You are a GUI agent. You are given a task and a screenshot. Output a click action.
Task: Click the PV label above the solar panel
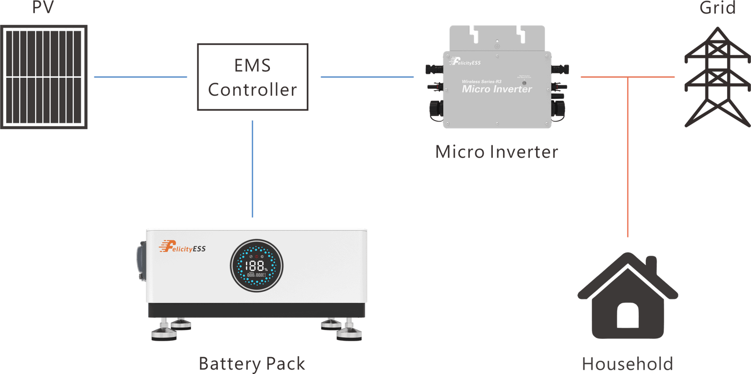pos(43,7)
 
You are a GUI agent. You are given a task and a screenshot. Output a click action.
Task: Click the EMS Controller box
pos(253,77)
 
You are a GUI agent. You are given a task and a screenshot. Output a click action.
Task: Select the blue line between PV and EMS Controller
pos(140,76)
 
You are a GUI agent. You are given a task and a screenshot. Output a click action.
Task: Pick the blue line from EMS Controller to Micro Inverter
pos(367,76)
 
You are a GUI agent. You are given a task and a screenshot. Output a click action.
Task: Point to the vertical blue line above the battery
pos(253,169)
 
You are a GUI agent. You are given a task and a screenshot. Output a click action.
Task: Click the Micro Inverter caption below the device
pos(496,152)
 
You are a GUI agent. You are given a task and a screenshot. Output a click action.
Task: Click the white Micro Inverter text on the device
pos(497,89)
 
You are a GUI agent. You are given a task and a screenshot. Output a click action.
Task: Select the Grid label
pos(717,7)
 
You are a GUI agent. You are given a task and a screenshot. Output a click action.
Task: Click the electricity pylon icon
pos(717,77)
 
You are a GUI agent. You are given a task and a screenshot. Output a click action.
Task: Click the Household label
pos(627,364)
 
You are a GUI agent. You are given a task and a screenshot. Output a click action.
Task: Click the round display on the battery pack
pos(256,266)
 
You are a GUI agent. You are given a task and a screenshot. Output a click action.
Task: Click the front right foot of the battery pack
pos(350,333)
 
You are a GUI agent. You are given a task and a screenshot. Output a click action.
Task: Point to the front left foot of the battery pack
pos(163,333)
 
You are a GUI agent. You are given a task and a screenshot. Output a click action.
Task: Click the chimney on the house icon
pos(651,263)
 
